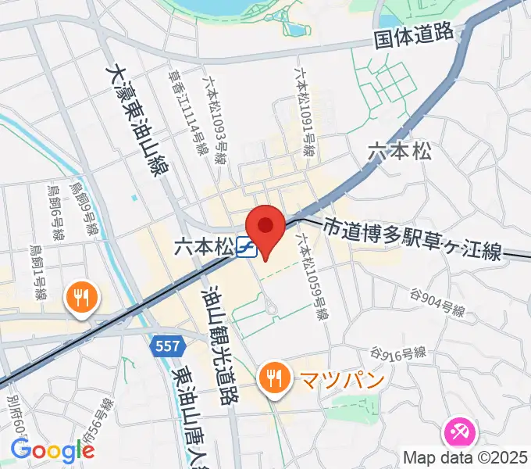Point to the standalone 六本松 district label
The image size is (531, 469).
point(399,152)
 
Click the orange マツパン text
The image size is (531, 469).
point(331,380)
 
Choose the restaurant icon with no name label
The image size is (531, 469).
point(80,298)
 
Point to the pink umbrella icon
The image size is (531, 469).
point(458,432)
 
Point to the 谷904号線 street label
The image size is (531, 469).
point(437,303)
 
